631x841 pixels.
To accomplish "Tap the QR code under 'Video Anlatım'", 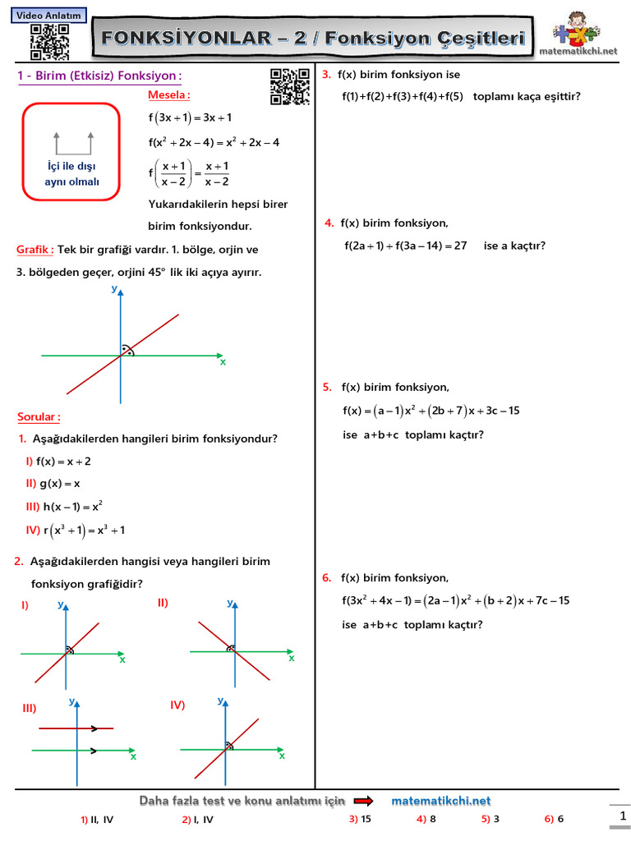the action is tap(49, 42).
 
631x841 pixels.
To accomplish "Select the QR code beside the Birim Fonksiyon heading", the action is tap(289, 86).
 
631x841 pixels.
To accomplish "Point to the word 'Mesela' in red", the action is tap(168, 94).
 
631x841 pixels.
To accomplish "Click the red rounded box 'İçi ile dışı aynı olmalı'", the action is tap(71, 152).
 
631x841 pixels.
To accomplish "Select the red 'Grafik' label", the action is tap(35, 249).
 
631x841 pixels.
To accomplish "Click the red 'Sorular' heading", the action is tap(39, 416).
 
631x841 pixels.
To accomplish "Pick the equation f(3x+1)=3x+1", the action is tap(190, 117).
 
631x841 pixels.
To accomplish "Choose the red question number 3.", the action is tap(326, 75).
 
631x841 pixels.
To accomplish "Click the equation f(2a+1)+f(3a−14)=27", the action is tap(406, 246).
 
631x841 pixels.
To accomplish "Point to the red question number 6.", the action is tap(326, 577).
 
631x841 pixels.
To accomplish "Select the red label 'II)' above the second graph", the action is tap(163, 602).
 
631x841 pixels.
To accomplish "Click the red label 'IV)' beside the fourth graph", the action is tap(178, 705).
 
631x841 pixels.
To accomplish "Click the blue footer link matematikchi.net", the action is tap(441, 801).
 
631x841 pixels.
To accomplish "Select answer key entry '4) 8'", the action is tap(426, 819).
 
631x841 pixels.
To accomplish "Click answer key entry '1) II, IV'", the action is tap(97, 819).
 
